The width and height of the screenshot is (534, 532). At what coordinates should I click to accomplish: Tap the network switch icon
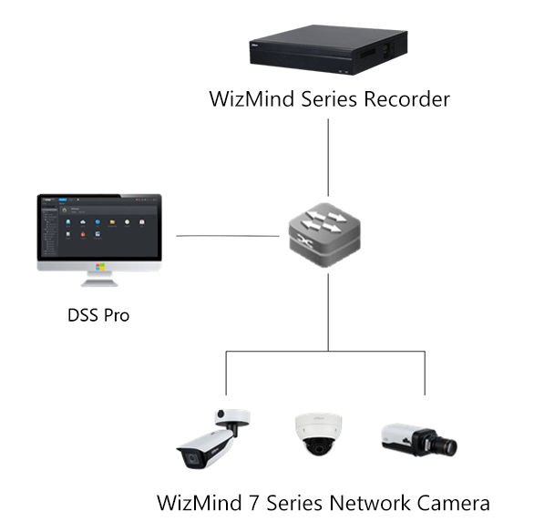tap(327, 236)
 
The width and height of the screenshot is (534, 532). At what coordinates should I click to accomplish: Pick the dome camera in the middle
tap(318, 436)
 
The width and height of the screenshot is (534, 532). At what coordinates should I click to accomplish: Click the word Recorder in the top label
tap(406, 99)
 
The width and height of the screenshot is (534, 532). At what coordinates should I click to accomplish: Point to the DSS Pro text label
tap(98, 316)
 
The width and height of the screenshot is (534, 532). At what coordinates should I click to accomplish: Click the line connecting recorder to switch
tap(327, 160)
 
